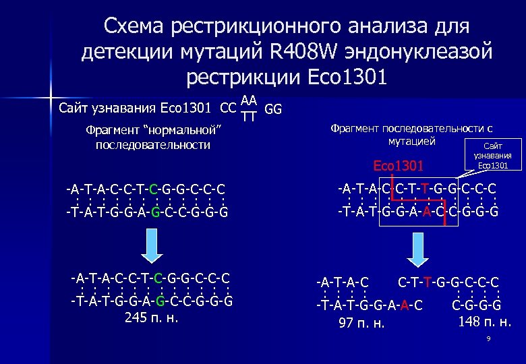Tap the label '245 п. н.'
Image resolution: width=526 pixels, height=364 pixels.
tap(152, 317)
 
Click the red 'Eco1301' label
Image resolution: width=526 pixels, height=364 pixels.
tap(399, 166)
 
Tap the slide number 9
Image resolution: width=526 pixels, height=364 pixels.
tap(488, 340)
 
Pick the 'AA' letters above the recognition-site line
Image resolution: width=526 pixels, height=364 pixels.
tap(249, 100)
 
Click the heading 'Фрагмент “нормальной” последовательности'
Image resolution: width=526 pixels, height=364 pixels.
tap(153, 138)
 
